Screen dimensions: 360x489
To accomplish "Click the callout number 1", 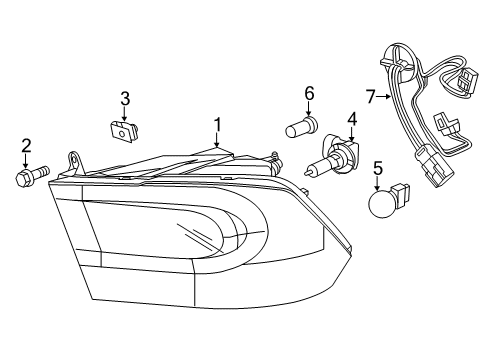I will [215, 126].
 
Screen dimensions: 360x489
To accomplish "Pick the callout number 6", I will [310, 94].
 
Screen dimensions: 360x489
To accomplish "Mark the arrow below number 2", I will [26, 163].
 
